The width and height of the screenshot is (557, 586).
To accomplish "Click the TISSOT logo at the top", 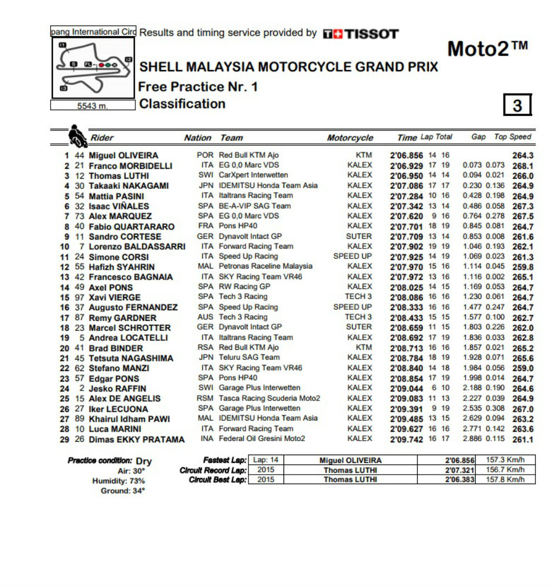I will pos(360,34).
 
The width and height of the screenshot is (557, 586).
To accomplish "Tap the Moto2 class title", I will pos(487,49).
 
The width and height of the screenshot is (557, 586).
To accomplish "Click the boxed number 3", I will pos(517,105).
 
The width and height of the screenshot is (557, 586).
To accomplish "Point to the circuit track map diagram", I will pos(93,68).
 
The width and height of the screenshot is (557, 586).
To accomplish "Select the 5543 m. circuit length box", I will pos(93,105).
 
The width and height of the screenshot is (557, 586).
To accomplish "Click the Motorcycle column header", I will pos(350,138).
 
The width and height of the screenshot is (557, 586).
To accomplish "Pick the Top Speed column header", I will pos(512,137).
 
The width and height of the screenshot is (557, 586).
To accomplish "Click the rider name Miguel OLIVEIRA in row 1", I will pos(124,155).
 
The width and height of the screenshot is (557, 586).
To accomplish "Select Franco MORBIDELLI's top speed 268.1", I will pos(522,165).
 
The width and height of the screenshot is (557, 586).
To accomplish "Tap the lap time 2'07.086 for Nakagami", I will pos(407,185).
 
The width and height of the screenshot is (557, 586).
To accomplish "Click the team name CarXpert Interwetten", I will pos(253,175).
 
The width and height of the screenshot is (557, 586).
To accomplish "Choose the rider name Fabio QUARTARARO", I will pos(131,227).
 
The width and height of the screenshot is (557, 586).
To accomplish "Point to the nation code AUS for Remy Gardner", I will pos(205,318).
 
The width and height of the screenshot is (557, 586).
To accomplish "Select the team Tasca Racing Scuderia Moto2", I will pos(270,398).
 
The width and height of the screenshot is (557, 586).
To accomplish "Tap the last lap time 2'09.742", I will pos(407,439).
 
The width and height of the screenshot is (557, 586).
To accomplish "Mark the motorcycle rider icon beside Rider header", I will pos(76,135).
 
